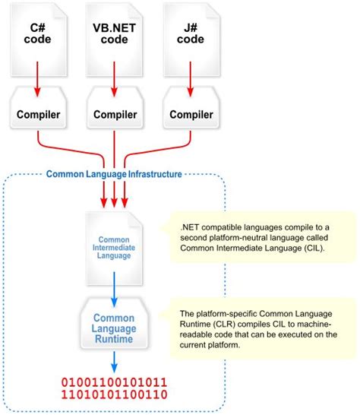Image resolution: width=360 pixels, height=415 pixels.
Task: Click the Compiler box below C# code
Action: [40, 115]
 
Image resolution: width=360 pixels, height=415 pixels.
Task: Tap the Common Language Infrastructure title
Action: [114, 174]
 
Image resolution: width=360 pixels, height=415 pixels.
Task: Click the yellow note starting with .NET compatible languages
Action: [260, 237]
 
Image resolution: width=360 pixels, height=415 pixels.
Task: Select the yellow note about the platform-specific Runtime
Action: [260, 329]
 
